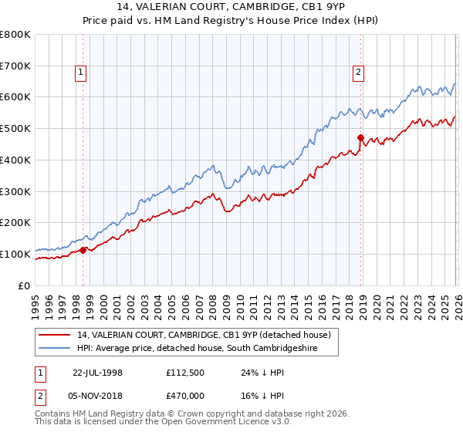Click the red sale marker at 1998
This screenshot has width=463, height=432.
83,250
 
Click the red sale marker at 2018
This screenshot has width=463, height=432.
360,138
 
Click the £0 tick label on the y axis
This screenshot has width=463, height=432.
24,285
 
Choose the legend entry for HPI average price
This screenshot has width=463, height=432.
208,349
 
